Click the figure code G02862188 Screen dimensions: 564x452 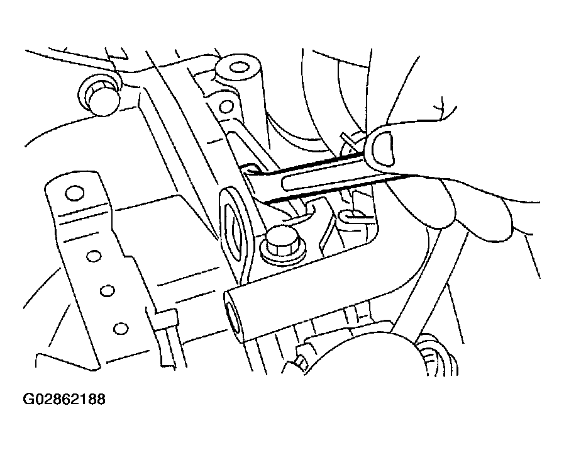pos(64,399)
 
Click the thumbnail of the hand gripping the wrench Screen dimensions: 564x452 pos(382,149)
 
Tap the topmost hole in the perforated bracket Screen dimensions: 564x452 pos(75,193)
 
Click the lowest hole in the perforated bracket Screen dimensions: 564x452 pos(121,328)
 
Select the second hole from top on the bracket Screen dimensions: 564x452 pos(93,256)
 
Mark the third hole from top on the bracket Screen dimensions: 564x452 pos(107,290)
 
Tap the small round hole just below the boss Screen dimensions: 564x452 pos(226,106)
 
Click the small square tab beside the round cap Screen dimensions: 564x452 pos(301,361)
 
